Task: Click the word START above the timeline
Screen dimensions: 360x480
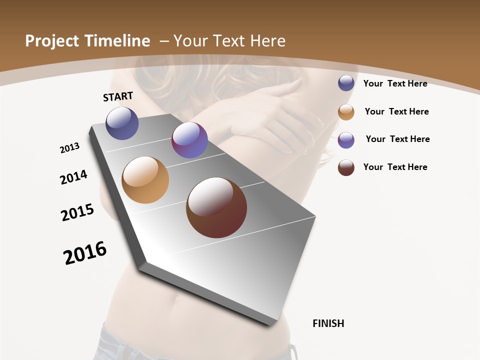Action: click(x=118, y=96)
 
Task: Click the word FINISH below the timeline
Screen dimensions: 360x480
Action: click(x=328, y=323)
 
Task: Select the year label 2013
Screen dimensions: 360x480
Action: click(x=70, y=147)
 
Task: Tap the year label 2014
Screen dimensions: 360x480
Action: click(x=74, y=177)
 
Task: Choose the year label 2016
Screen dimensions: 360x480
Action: click(x=85, y=252)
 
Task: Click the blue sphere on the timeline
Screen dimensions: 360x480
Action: click(x=122, y=123)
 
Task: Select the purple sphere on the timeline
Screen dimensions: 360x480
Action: click(x=189, y=140)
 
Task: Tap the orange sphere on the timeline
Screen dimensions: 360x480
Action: click(x=145, y=180)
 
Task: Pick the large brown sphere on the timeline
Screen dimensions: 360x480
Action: click(x=216, y=207)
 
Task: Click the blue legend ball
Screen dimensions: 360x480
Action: click(x=346, y=83)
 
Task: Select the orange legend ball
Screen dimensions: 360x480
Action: click(x=346, y=112)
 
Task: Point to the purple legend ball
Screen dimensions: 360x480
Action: click(x=346, y=140)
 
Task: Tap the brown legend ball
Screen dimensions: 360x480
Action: click(x=346, y=167)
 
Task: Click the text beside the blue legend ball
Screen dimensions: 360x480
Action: click(x=395, y=83)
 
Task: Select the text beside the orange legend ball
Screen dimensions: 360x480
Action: click(x=396, y=111)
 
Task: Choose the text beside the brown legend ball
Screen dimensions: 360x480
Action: click(x=395, y=167)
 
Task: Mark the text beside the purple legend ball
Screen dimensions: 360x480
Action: click(x=397, y=139)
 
